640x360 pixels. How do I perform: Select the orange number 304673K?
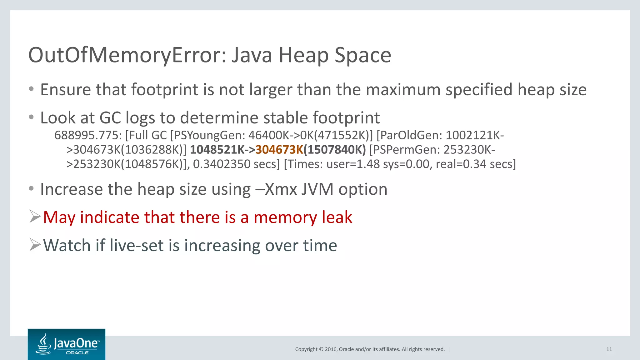(279, 150)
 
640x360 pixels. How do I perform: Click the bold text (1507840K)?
(335, 150)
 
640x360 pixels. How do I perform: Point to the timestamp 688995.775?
(88, 135)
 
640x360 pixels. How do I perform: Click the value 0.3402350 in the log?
(222, 164)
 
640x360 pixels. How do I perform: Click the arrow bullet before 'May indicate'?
(35, 217)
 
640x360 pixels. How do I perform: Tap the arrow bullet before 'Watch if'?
(35, 245)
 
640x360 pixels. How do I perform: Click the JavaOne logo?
(67, 344)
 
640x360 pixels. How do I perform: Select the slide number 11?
(609, 349)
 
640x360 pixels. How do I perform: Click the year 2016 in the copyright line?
(331, 349)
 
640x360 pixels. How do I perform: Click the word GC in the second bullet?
(110, 118)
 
